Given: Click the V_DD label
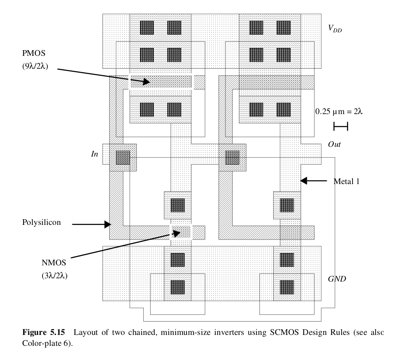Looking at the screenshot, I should (x=335, y=28).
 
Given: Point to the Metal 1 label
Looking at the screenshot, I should (x=346, y=181).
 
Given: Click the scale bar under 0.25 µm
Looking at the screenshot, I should (x=340, y=127).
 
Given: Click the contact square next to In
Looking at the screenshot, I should (x=123, y=157).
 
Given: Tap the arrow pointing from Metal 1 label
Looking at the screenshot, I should (x=314, y=181).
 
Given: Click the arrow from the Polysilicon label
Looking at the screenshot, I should (x=91, y=223).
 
